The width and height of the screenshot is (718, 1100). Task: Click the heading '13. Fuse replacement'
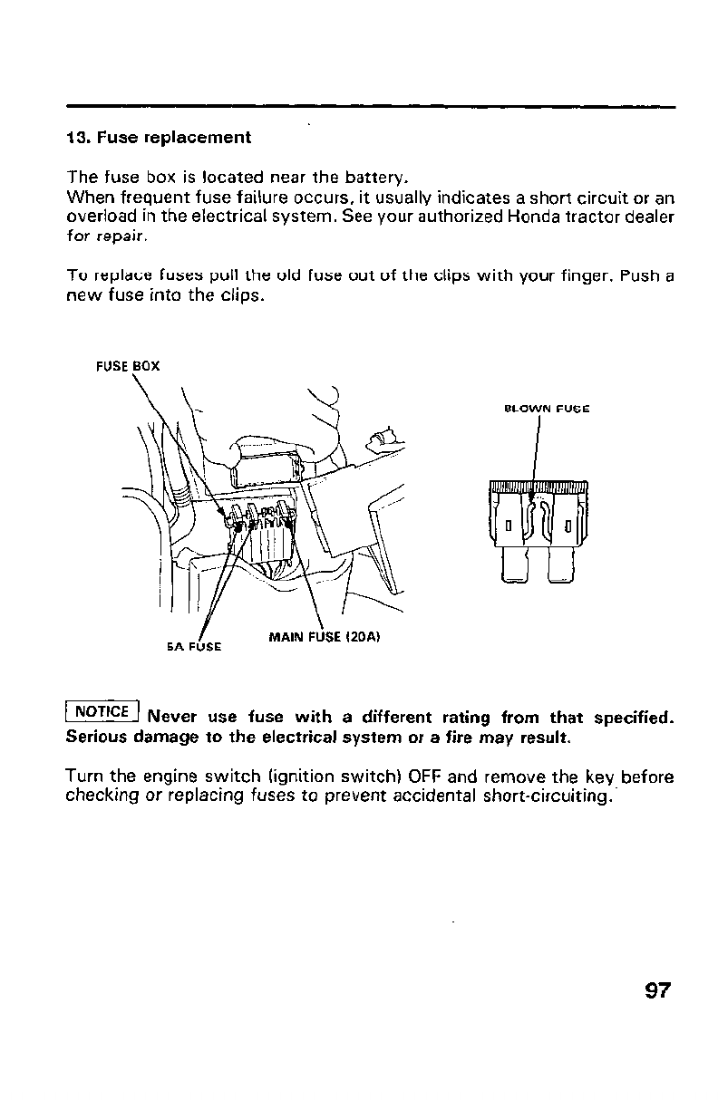point(159,138)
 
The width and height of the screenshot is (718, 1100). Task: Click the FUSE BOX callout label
point(128,367)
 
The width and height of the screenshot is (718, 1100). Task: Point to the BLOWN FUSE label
point(546,409)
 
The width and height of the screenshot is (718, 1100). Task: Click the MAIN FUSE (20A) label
point(324,636)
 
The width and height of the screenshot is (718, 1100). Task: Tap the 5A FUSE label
point(194,648)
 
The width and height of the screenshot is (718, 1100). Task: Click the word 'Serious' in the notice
point(97,738)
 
